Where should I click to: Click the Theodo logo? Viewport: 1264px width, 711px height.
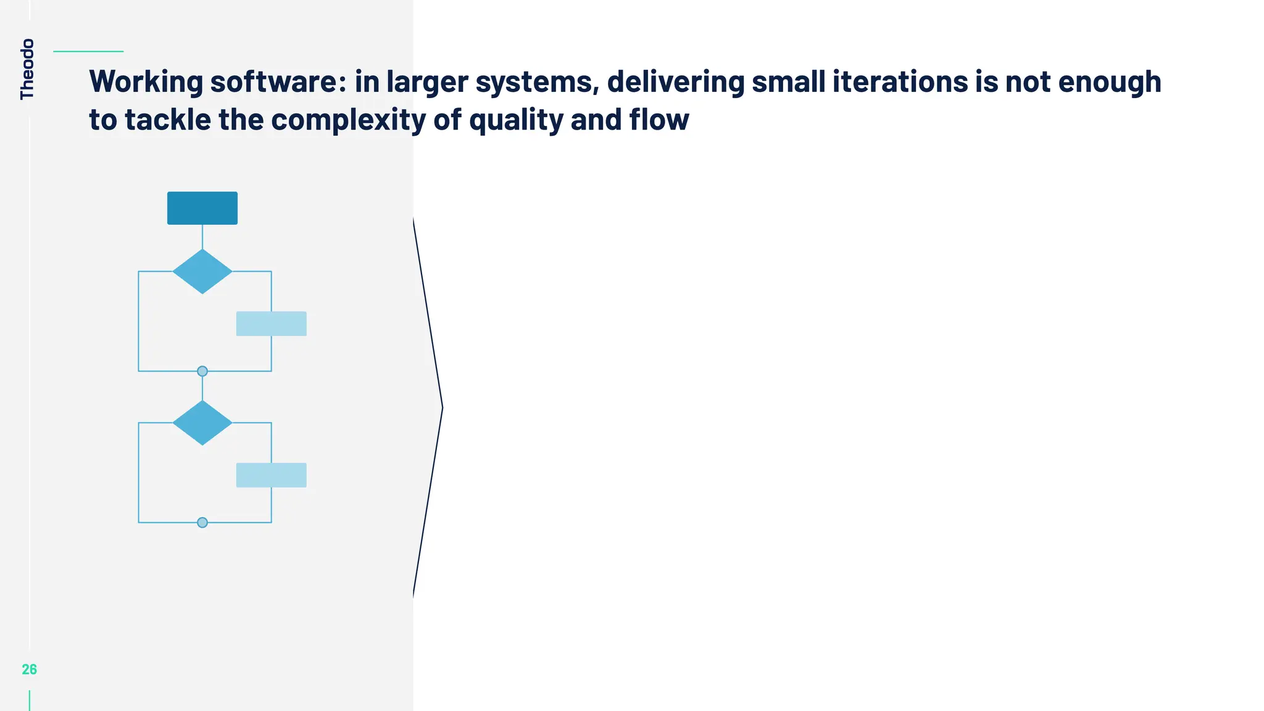[27, 69]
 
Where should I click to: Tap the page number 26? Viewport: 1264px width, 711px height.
[29, 670]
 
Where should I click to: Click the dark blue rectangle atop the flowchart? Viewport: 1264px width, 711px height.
[202, 208]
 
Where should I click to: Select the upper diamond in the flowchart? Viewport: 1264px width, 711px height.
[202, 272]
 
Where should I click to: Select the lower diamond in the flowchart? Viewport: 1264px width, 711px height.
[202, 423]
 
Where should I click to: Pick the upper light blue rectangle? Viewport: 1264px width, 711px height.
[272, 323]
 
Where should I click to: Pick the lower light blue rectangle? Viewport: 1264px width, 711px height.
[272, 475]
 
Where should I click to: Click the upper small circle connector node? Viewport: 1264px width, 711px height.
[202, 371]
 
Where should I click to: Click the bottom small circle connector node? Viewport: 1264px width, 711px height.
[202, 523]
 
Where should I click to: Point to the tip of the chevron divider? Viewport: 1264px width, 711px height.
[442, 407]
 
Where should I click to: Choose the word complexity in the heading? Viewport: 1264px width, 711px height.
[348, 120]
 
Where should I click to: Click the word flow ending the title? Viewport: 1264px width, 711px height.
[659, 120]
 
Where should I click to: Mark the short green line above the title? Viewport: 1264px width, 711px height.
[88, 51]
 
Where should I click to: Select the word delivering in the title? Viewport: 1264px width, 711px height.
[676, 82]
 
